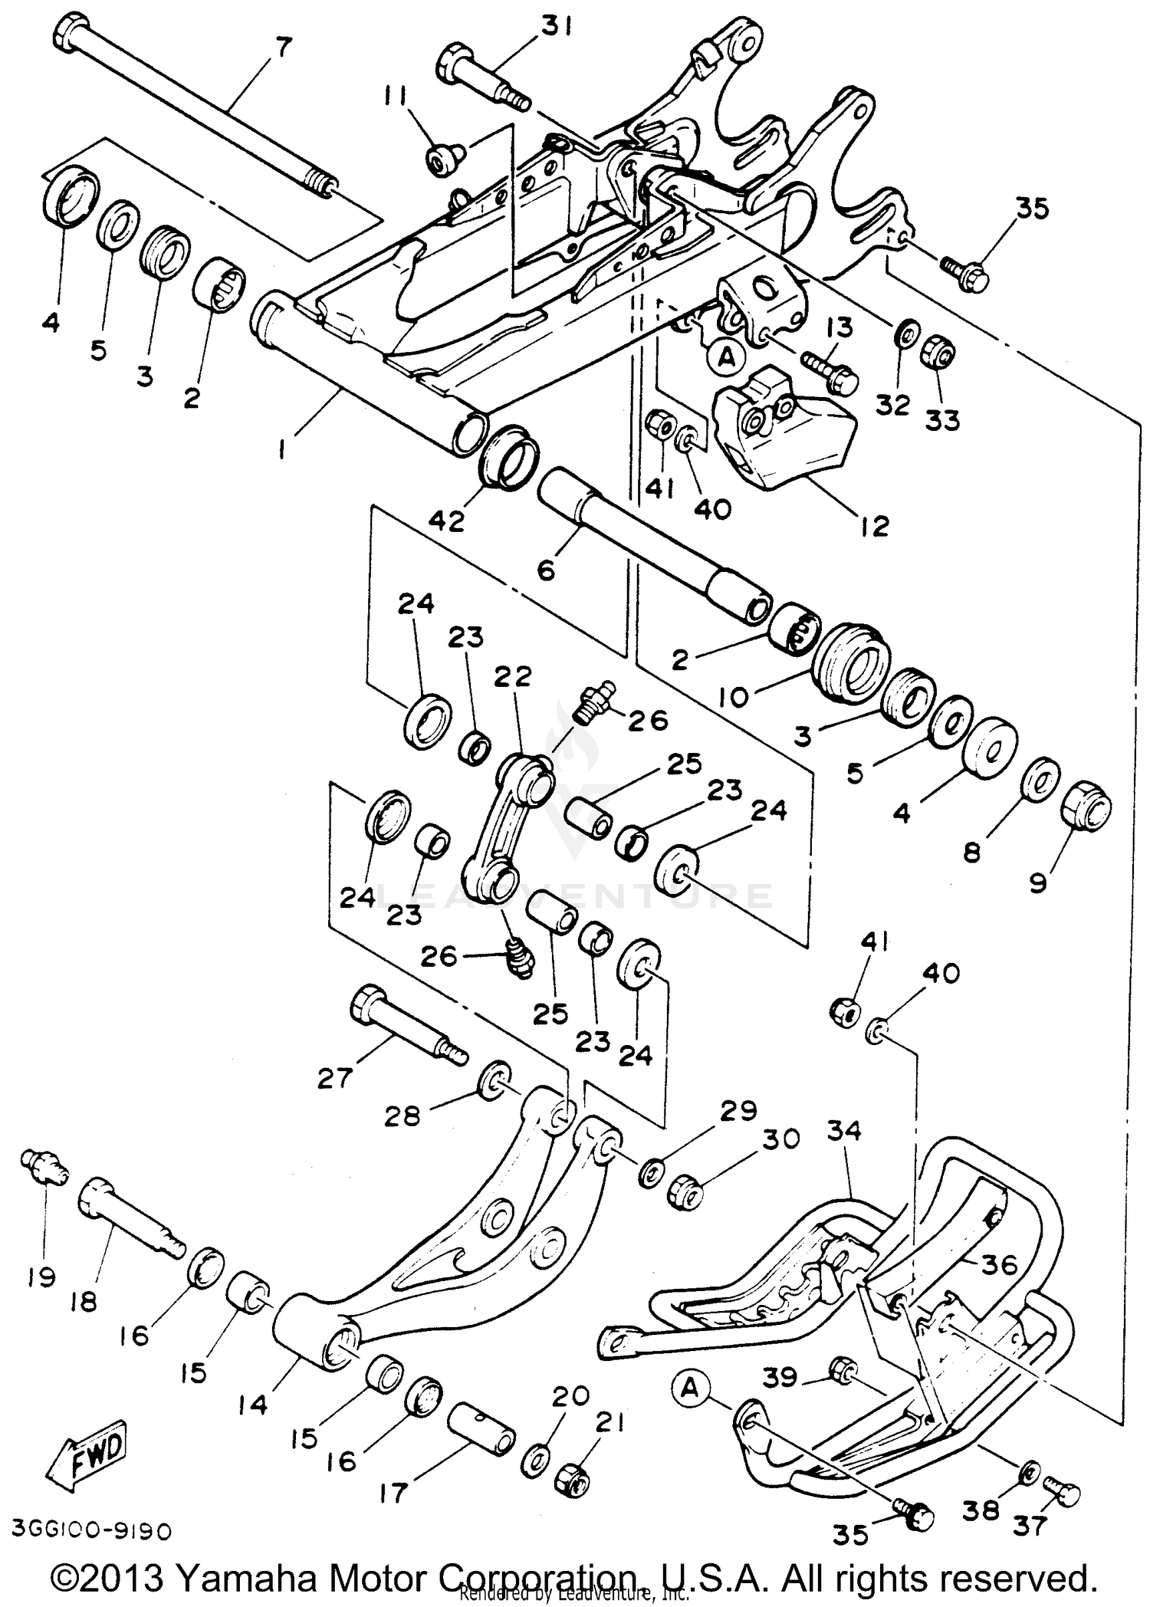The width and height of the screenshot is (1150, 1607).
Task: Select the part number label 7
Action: pyautogui.click(x=283, y=48)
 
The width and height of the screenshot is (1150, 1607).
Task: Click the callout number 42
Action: pyautogui.click(x=446, y=522)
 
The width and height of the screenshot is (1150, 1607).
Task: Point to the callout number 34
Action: pyautogui.click(x=845, y=1130)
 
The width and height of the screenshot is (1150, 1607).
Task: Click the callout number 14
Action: pyautogui.click(x=252, y=1404)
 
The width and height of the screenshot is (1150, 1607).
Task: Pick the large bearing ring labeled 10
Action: pyautogui.click(x=851, y=659)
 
